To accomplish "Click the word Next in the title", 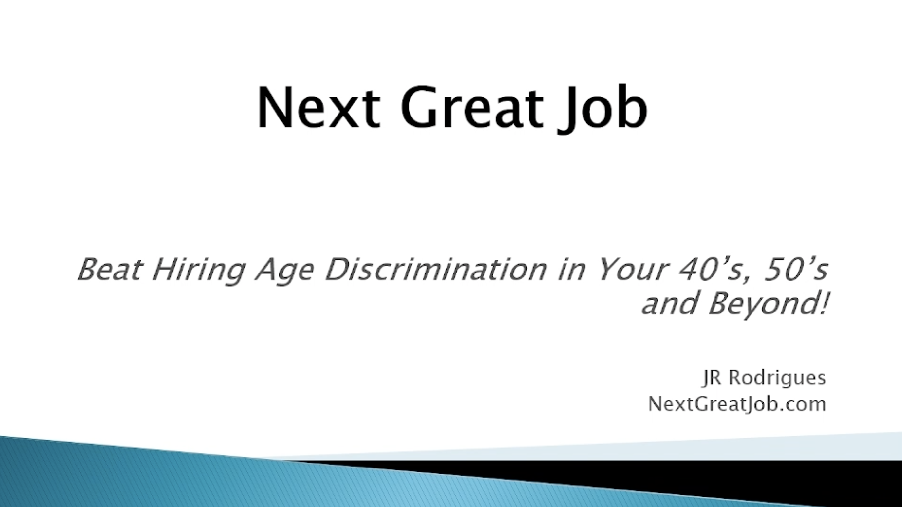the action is click(319, 107).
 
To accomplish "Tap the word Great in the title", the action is click(472, 107).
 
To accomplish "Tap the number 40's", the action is click(716, 271).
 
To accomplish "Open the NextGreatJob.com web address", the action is click(737, 404).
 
